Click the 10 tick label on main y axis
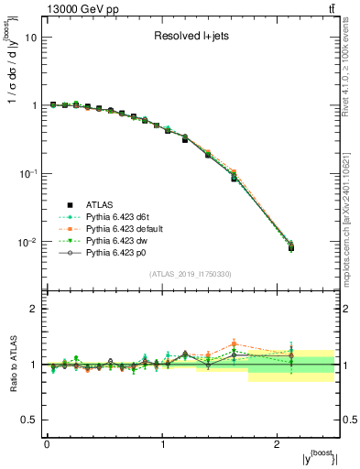coord(31,38)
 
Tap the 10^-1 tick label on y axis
coord(29,174)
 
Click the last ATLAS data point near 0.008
coord(291,248)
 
